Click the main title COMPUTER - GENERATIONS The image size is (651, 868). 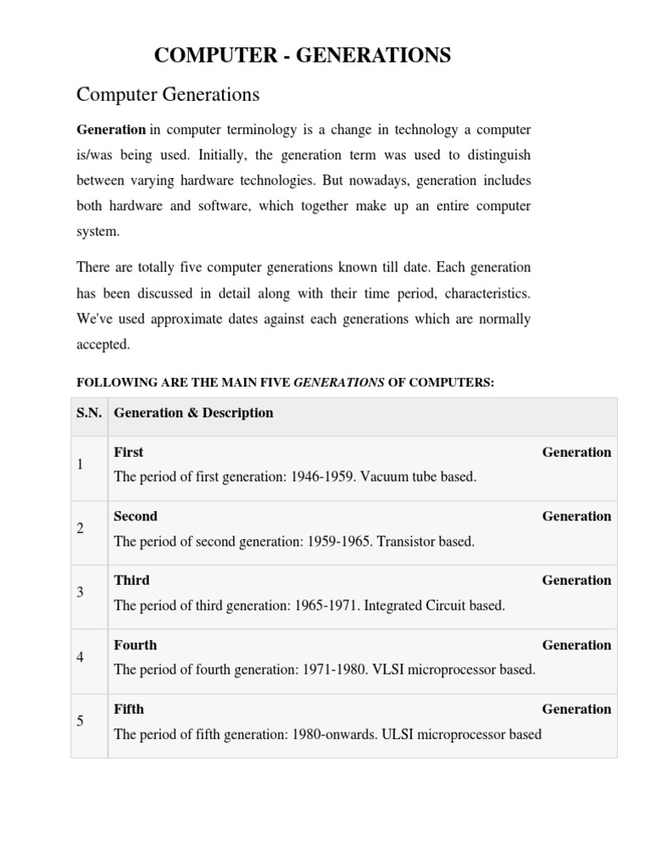(302, 56)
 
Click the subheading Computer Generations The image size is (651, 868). (168, 95)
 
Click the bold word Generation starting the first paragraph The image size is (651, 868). (111, 130)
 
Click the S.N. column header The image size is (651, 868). (88, 413)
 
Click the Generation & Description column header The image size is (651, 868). (193, 413)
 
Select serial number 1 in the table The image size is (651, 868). (80, 465)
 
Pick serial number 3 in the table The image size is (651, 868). (80, 593)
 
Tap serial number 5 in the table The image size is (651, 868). (80, 721)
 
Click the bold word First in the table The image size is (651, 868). (129, 453)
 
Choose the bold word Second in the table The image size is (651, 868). (136, 516)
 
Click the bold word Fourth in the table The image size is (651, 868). (136, 645)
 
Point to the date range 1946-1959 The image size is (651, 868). (323, 477)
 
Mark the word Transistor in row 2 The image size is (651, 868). (405, 541)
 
